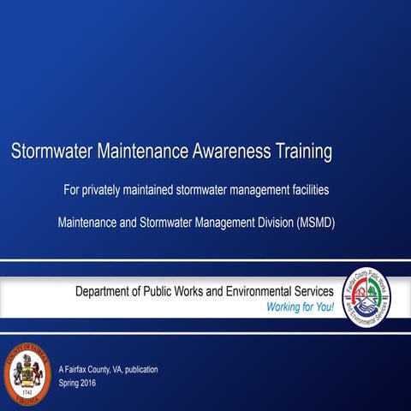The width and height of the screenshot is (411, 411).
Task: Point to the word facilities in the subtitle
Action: click(307, 188)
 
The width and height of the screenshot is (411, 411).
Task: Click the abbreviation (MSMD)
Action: click(316, 223)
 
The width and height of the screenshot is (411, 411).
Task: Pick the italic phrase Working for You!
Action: click(301, 307)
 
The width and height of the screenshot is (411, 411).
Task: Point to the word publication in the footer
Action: click(136, 369)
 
